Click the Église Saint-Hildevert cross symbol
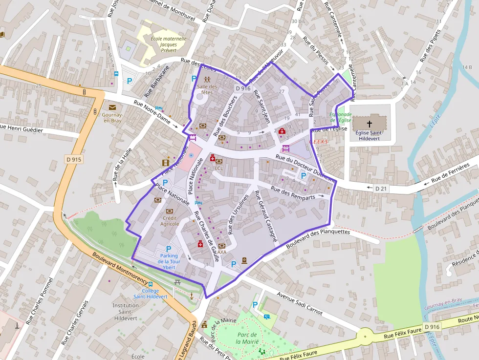coord(370,124)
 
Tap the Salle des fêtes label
coord(207,89)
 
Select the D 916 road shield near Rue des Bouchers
coord(242,88)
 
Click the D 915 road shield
coord(74,159)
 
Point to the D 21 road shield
coord(381,188)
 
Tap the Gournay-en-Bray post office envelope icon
coord(112,107)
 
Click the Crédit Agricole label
coord(170,221)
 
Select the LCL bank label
coord(218,168)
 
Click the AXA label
coord(222,252)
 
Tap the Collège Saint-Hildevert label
coord(151,294)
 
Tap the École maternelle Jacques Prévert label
coord(161,44)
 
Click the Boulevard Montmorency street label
coord(120,267)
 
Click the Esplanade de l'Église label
coord(340,117)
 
